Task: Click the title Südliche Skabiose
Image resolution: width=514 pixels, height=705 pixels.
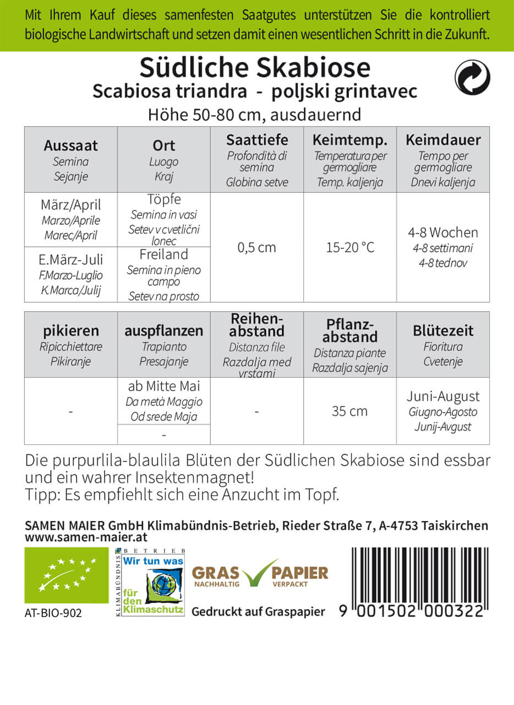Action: pos(255,68)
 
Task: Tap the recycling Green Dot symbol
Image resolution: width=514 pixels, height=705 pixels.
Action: pos(472,77)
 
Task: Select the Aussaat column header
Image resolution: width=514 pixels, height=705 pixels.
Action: pos(70,145)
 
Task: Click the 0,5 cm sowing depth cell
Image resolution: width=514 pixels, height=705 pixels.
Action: pos(256,247)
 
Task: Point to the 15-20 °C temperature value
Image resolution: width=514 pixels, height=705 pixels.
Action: pos(349,247)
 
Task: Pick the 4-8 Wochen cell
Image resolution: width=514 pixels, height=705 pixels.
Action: pos(442,232)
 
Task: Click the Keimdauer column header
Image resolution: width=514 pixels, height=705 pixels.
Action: pos(442,139)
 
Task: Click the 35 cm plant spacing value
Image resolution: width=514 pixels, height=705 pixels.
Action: pos(349,411)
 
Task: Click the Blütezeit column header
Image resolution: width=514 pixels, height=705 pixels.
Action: pos(442,331)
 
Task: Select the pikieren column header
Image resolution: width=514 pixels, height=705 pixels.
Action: pos(70,331)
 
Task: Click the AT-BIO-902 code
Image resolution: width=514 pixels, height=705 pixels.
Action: pos(53,612)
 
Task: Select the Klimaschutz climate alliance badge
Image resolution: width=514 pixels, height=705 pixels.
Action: pos(150,583)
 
